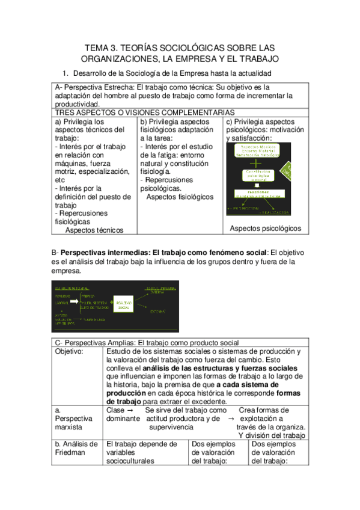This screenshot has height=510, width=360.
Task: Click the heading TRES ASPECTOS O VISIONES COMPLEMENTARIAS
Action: coord(144,112)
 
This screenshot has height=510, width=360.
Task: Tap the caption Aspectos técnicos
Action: coord(94,230)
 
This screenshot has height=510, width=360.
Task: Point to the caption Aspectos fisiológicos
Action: coord(180,197)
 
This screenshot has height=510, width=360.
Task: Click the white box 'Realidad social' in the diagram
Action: coord(124,306)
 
